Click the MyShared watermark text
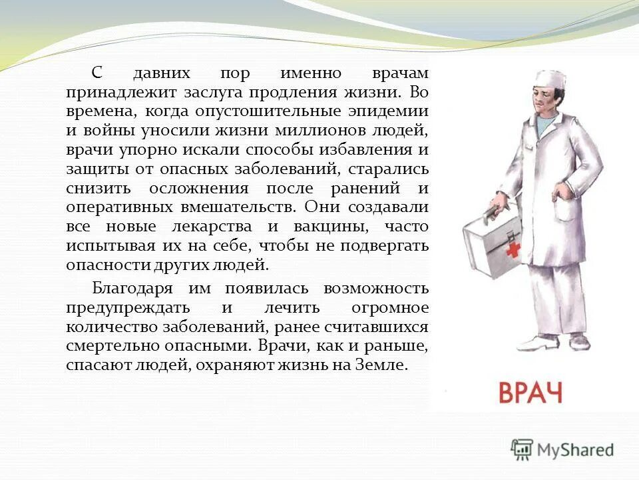tap(574, 450)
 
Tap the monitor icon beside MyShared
tap(522, 449)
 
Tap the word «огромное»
tap(389, 307)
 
